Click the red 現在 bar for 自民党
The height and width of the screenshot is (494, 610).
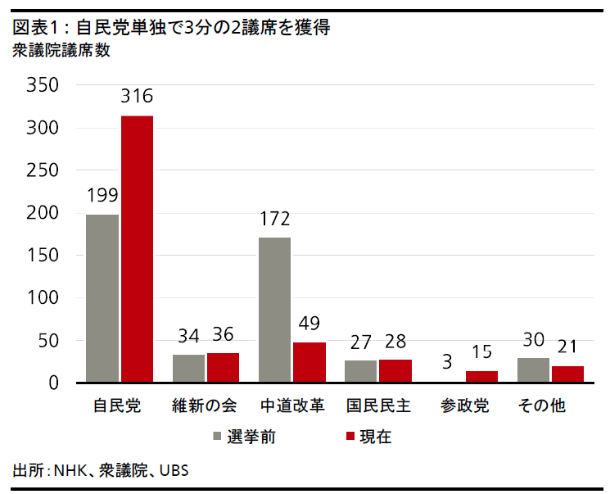click(137, 249)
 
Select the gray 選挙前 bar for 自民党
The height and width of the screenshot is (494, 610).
click(102, 298)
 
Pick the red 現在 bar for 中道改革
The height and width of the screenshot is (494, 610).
click(310, 362)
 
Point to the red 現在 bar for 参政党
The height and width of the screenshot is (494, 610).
click(481, 377)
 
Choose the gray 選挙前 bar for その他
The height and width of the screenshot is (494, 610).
click(533, 370)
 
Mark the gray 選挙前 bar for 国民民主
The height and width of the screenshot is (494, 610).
click(361, 371)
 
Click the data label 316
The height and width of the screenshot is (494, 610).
click(137, 97)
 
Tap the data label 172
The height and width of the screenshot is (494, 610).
click(274, 219)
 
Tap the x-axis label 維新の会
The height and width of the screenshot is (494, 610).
click(206, 406)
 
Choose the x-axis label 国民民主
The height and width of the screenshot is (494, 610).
click(377, 406)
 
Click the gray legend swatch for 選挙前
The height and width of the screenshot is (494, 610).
click(219, 436)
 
